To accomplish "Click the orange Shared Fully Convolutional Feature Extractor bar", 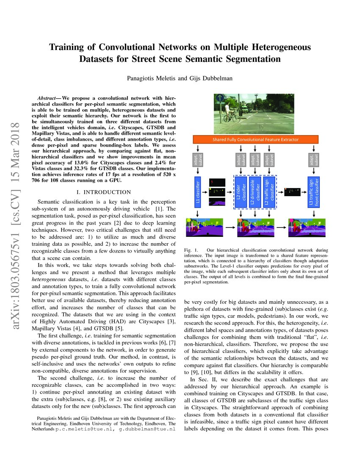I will click(x=255, y=139).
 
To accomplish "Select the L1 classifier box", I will click(x=197, y=193).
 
